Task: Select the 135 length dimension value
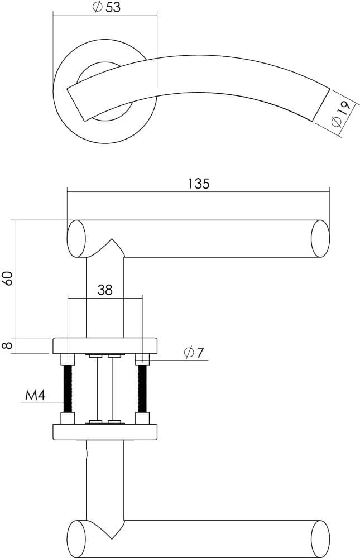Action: pyautogui.click(x=198, y=184)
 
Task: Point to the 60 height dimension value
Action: pyautogui.click(x=7, y=279)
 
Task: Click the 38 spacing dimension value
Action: pyautogui.click(x=105, y=290)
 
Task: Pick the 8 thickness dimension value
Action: pyautogui.click(x=7, y=345)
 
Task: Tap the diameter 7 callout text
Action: pyautogui.click(x=194, y=353)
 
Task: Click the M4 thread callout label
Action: pyautogui.click(x=35, y=396)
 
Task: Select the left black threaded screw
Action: pyautogui.click(x=68, y=388)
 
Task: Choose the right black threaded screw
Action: pyautogui.click(x=142, y=388)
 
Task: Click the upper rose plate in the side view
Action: pyautogui.click(x=105, y=345)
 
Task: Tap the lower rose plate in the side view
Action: pyautogui.click(x=105, y=432)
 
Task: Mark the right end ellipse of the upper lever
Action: pyautogui.click(x=320, y=239)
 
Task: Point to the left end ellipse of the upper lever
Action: pyautogui.click(x=76, y=239)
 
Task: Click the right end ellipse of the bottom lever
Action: pyautogui.click(x=320, y=538)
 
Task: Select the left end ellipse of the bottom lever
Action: pyautogui.click(x=76, y=538)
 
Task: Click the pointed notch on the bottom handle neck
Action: pyautogui.click(x=113, y=537)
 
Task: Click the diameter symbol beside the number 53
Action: pyautogui.click(x=95, y=7)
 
